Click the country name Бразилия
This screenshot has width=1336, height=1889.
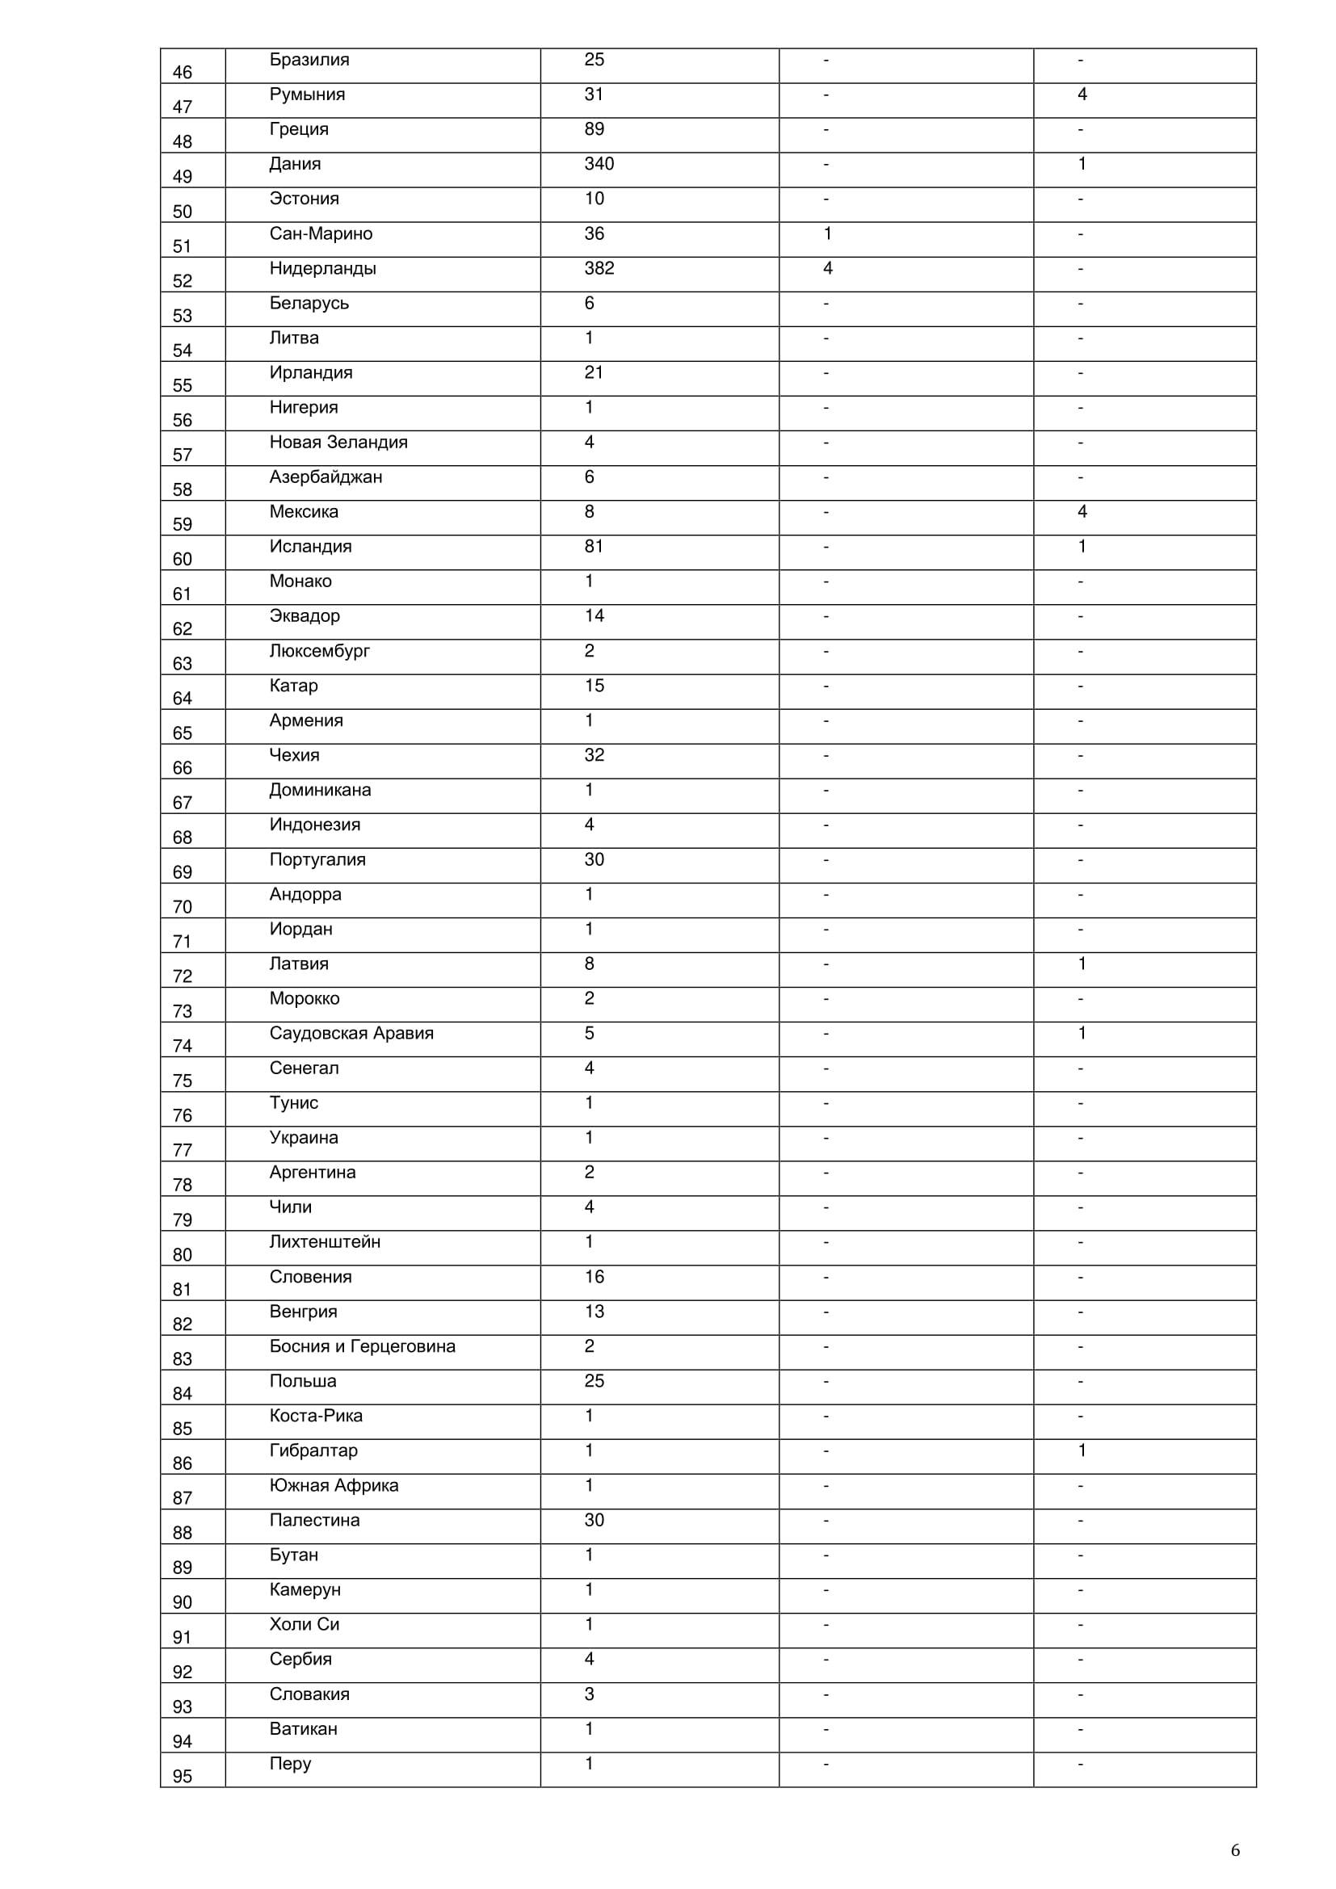(309, 60)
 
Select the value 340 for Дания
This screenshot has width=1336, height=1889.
(599, 165)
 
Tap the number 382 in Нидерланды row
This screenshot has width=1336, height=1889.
(599, 269)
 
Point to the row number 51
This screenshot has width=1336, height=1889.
(182, 247)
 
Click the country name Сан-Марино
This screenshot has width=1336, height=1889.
(321, 234)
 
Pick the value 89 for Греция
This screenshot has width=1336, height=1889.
(594, 130)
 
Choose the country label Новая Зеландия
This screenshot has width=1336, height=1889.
(338, 443)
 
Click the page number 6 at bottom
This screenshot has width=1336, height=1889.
(1235, 1850)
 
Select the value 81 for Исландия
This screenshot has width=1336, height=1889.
(594, 547)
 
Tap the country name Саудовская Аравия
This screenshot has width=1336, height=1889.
(351, 1034)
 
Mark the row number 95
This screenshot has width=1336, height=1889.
(182, 1776)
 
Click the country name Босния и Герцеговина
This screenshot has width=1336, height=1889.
(362, 1347)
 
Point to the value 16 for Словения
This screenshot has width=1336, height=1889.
(594, 1277)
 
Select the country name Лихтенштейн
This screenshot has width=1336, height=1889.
(325, 1242)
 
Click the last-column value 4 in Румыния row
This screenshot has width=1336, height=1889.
(1082, 95)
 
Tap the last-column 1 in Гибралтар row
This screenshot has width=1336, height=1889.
(1082, 1450)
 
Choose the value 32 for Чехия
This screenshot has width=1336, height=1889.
(594, 755)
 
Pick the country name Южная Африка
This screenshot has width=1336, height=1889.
(334, 1486)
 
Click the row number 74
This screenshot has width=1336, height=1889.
(182, 1047)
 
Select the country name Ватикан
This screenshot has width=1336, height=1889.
(303, 1729)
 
